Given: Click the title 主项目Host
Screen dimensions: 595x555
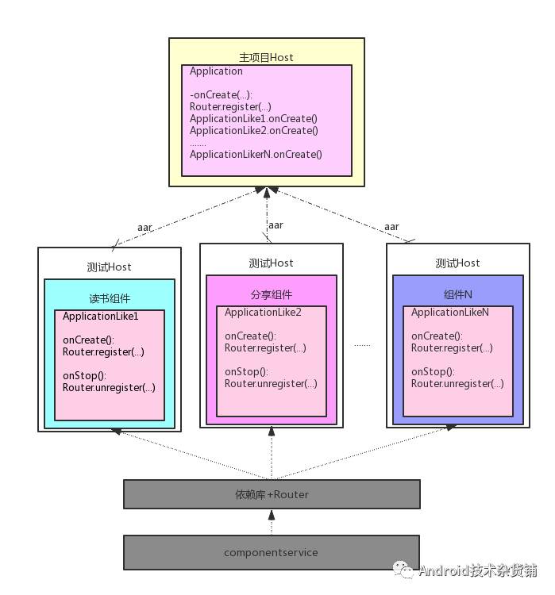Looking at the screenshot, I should pyautogui.click(x=266, y=57).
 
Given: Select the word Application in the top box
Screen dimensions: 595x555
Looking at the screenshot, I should pyautogui.click(x=216, y=71).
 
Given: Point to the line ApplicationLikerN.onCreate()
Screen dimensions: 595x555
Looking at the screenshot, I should pyautogui.click(x=256, y=155).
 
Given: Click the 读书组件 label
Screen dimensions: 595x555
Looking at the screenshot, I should pyautogui.click(x=110, y=299).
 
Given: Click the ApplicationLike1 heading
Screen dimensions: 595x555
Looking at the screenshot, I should pyautogui.click(x=101, y=317).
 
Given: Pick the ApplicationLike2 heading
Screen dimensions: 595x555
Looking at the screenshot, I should pyautogui.click(x=263, y=313).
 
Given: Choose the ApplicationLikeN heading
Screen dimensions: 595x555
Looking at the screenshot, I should pyautogui.click(x=449, y=313).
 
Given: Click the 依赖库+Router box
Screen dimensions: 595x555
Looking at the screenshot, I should pyautogui.click(x=272, y=494).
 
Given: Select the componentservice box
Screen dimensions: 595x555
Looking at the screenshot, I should pyautogui.click(x=272, y=552).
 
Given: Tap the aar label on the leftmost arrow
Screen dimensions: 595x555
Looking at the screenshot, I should pyautogui.click(x=145, y=228).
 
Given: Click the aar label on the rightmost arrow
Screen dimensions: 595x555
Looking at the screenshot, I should pyautogui.click(x=391, y=227).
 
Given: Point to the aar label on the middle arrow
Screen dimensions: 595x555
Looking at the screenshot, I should pyautogui.click(x=276, y=225).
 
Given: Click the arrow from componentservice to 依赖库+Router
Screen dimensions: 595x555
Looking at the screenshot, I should pyautogui.click(x=272, y=523).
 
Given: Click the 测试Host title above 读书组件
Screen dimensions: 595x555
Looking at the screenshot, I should pyautogui.click(x=110, y=267).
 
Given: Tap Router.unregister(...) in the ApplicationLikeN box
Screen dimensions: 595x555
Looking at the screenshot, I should pyautogui.click(x=457, y=384).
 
